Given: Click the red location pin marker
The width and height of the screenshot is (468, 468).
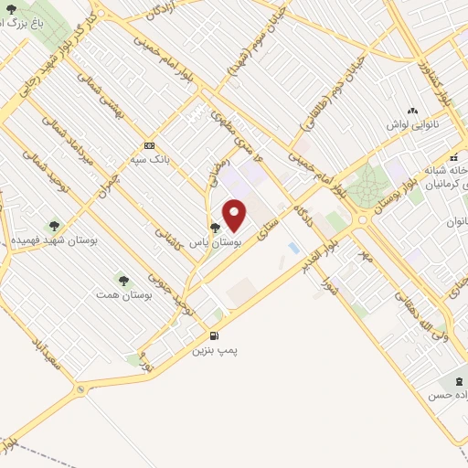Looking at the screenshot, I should pos(235,215).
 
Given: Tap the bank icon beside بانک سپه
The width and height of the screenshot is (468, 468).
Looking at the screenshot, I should pos(149,145).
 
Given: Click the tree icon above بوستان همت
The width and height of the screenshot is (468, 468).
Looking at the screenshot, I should pos(122,279).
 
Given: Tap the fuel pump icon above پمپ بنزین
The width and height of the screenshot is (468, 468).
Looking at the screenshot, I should pos(215,335).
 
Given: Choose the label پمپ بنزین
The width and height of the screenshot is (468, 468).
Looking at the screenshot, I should pos(214,349).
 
